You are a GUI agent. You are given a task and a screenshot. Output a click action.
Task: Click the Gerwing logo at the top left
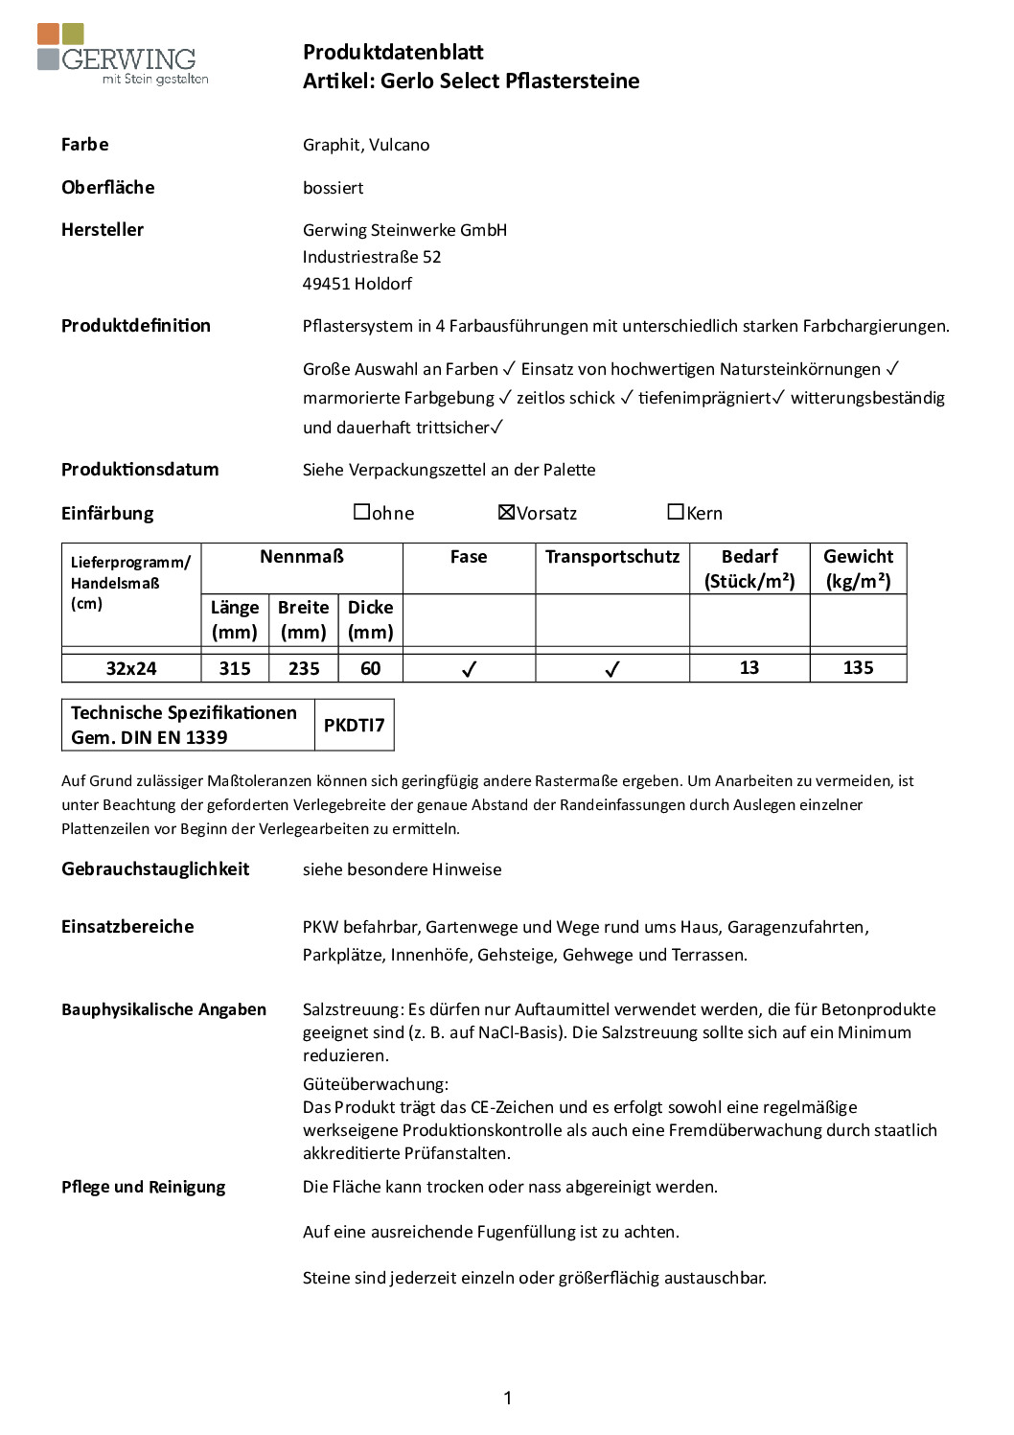[x=122, y=55]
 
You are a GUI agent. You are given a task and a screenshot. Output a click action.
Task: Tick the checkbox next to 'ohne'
[x=361, y=512]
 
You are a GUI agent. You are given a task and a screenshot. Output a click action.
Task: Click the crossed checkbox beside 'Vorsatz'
[x=507, y=512]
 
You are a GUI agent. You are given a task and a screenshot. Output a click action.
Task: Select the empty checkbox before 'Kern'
[x=676, y=512]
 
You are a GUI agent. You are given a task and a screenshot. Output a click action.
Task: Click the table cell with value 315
[x=235, y=668]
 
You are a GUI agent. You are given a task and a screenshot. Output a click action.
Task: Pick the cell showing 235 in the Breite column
[x=304, y=668]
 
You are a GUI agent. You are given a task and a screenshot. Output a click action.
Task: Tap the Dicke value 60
[x=371, y=668]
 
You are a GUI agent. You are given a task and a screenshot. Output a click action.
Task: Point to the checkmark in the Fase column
[x=469, y=669]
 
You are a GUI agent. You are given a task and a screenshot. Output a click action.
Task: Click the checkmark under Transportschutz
[x=612, y=669]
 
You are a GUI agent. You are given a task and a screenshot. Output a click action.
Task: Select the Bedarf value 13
[x=749, y=667]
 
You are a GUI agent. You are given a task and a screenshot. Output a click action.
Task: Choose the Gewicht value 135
[x=858, y=667]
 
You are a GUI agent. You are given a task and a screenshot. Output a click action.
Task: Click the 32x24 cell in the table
[x=131, y=668]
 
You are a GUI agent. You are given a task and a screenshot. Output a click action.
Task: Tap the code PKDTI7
[x=354, y=725]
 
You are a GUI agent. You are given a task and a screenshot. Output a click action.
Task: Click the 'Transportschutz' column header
[x=612, y=557]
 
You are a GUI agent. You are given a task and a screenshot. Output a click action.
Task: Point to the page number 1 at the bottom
[x=507, y=1398]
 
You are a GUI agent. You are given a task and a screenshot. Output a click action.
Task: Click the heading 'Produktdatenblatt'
[x=393, y=52]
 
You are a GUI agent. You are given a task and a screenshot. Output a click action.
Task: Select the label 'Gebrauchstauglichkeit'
[x=155, y=868]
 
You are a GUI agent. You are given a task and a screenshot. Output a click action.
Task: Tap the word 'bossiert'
[x=333, y=188]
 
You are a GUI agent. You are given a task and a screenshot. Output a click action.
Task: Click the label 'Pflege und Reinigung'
[x=144, y=1187]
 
